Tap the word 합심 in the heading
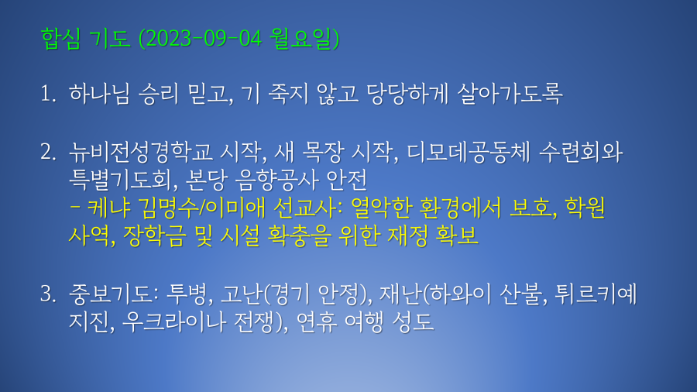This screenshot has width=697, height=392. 60,39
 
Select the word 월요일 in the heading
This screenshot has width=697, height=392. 301,39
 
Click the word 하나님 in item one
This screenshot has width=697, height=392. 99,94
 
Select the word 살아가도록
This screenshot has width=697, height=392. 510,94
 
